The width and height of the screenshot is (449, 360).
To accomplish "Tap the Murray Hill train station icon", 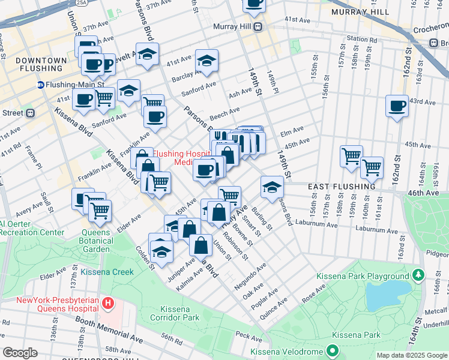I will (258, 26).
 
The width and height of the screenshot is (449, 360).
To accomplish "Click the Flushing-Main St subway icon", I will (41, 85).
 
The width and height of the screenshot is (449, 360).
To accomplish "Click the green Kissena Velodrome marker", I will (331, 350).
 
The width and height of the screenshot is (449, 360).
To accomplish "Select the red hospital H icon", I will (108, 304).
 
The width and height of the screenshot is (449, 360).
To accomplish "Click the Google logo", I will (20, 353).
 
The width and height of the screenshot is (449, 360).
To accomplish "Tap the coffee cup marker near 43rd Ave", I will (397, 107).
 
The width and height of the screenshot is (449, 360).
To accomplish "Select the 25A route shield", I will (81, 2).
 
